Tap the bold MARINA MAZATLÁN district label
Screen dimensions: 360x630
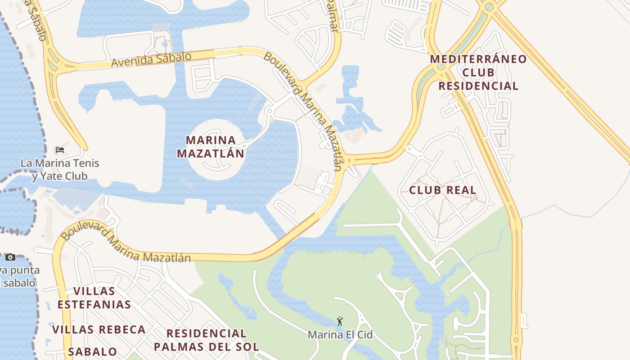(211, 147)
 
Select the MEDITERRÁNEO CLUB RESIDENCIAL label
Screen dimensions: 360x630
(478, 72)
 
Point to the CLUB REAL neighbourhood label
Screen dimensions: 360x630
(442, 190)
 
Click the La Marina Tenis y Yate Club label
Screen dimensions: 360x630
(60, 169)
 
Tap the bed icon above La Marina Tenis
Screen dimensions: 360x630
(60, 150)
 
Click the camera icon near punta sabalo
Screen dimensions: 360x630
(10, 257)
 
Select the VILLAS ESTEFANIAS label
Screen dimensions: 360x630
(94, 297)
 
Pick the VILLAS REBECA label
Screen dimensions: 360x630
(99, 329)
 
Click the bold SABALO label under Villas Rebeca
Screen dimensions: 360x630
(93, 351)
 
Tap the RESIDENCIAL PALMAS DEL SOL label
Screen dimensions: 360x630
(207, 340)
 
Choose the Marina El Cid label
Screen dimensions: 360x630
(340, 335)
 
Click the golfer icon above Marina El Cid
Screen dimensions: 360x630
(340, 321)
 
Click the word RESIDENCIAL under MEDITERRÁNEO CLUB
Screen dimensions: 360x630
(478, 85)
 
